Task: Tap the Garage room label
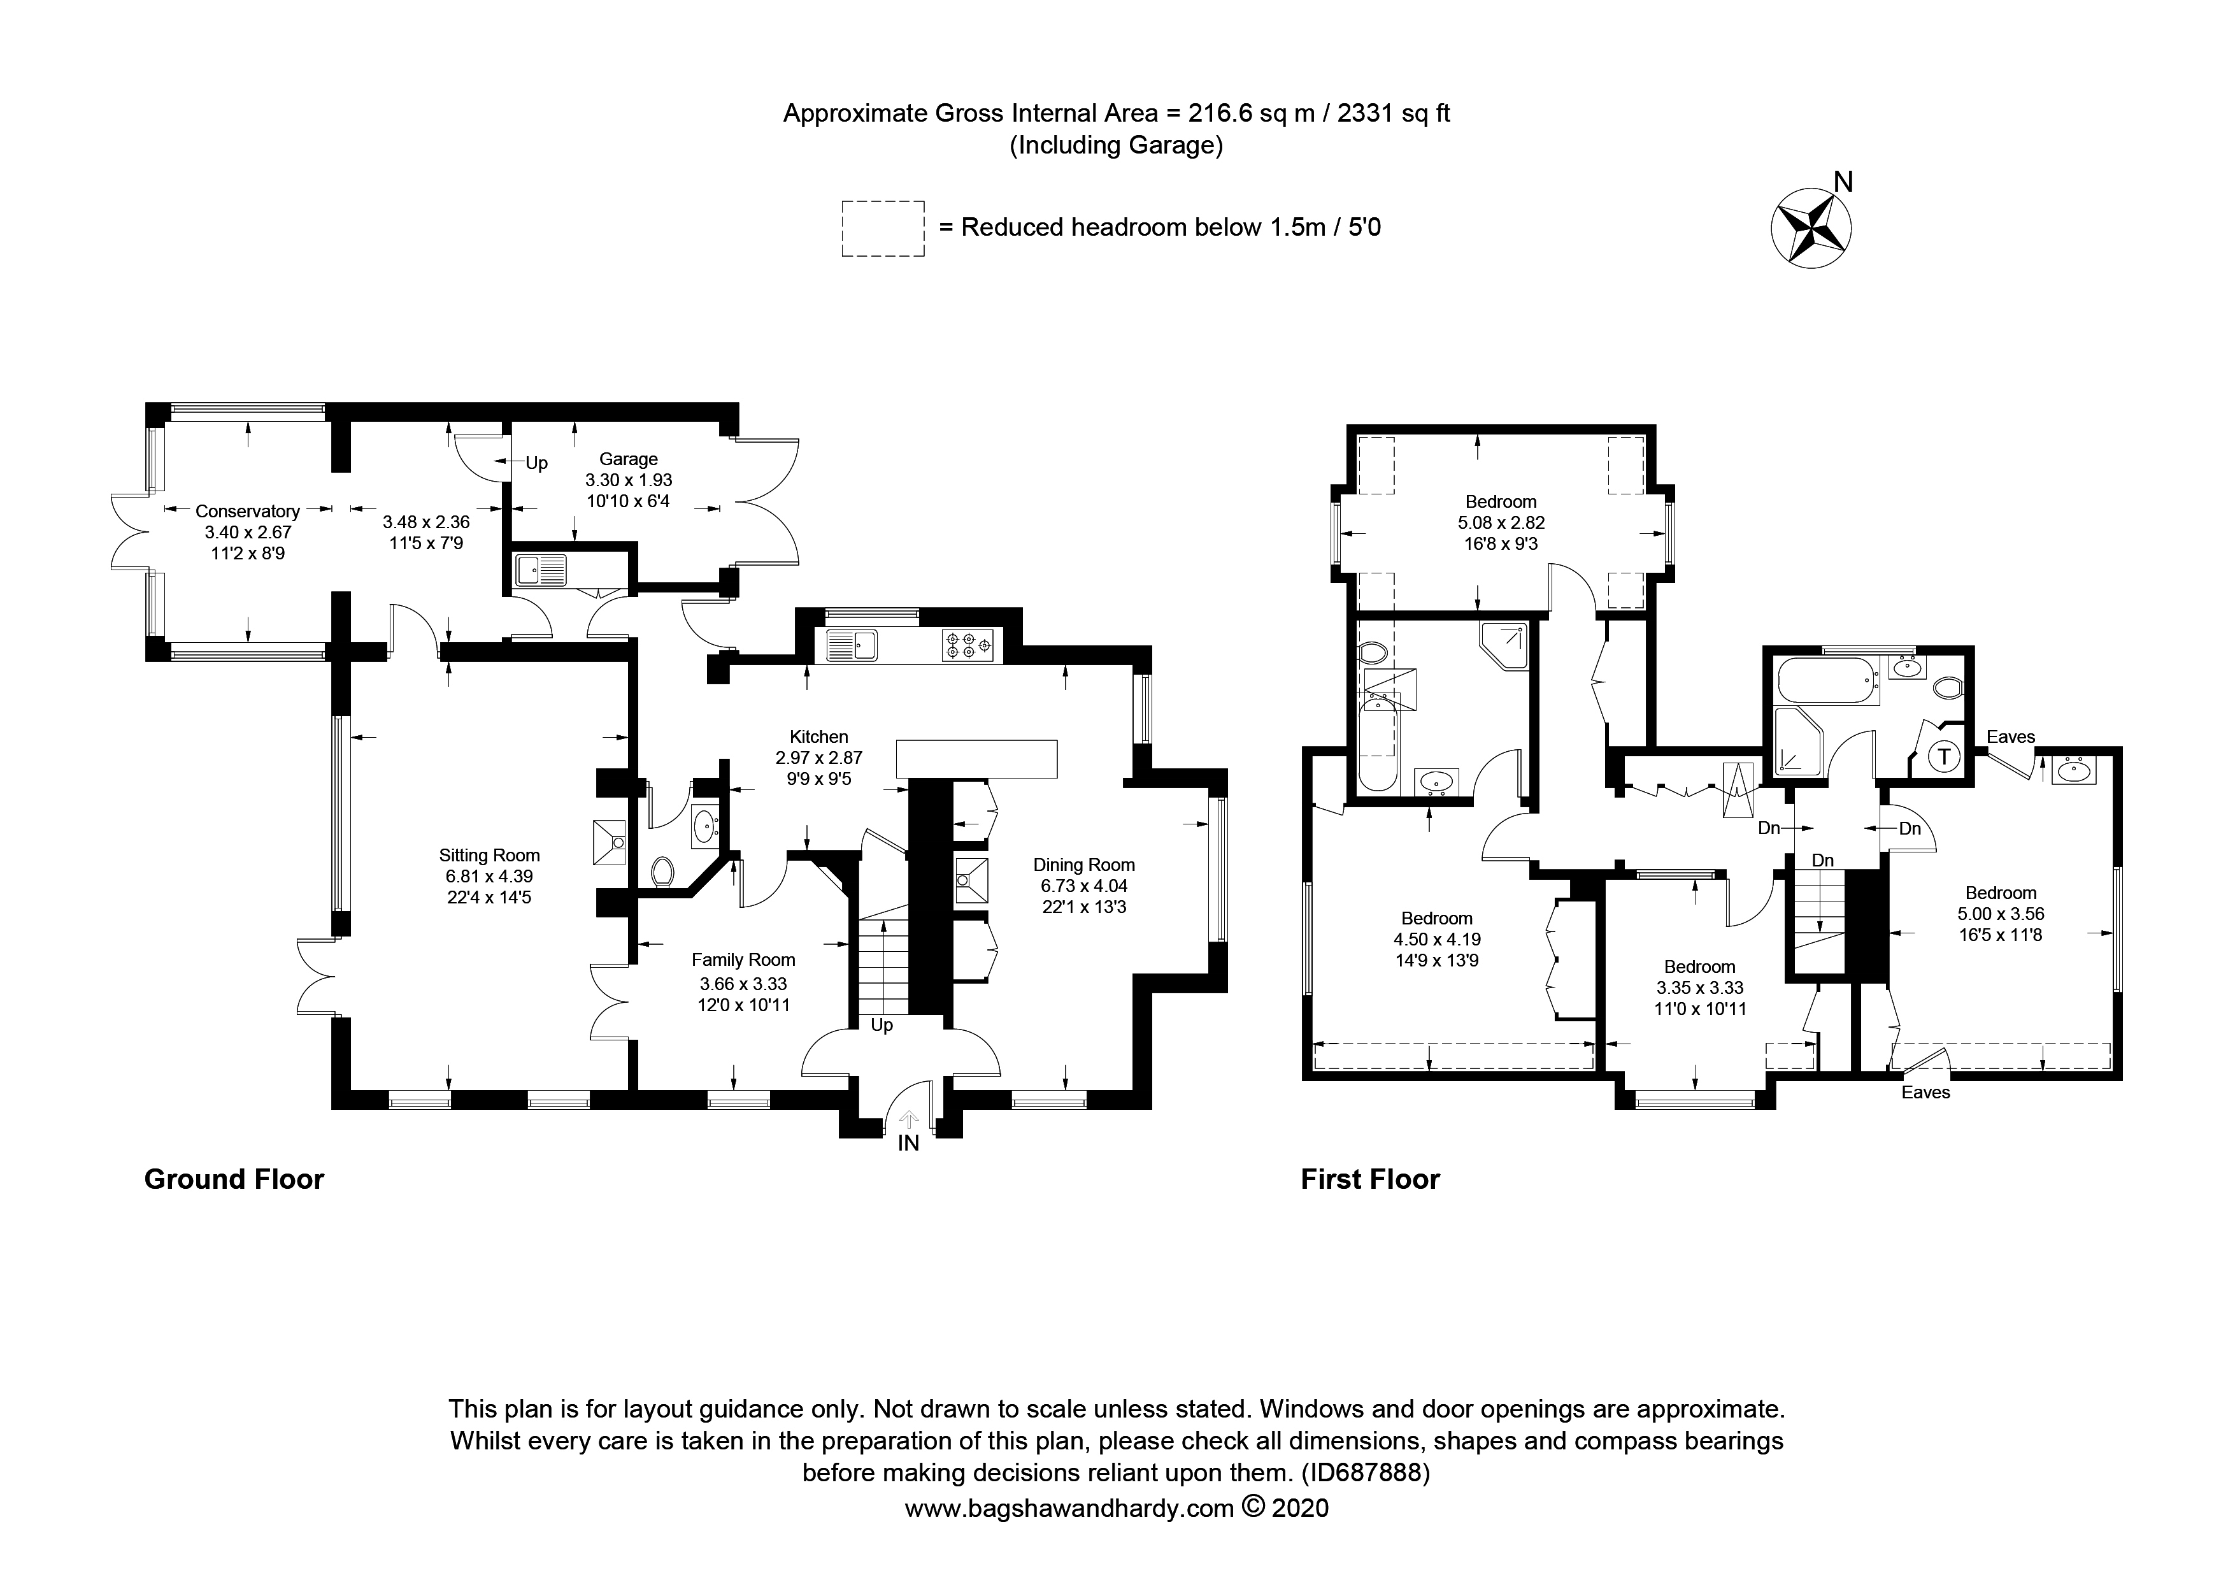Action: (x=628, y=459)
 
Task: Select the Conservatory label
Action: (x=247, y=511)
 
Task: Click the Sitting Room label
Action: (x=489, y=855)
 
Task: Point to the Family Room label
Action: (x=743, y=960)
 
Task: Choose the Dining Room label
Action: (x=1083, y=865)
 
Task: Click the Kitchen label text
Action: (x=818, y=737)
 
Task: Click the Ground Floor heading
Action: (x=234, y=1180)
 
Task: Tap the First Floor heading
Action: (x=1369, y=1180)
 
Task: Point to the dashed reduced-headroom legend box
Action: (x=882, y=229)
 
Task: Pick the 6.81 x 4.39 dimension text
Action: (x=489, y=876)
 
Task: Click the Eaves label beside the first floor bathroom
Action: (x=2010, y=737)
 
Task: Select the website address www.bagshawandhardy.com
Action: (x=1069, y=1509)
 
